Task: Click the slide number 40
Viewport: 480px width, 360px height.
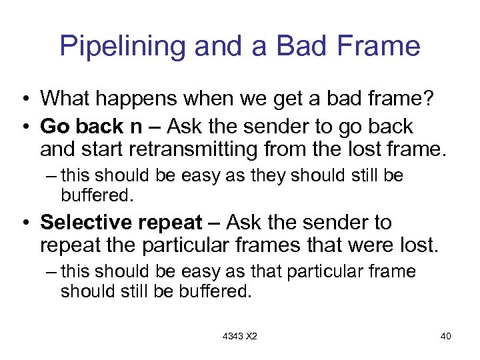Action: (446, 336)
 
